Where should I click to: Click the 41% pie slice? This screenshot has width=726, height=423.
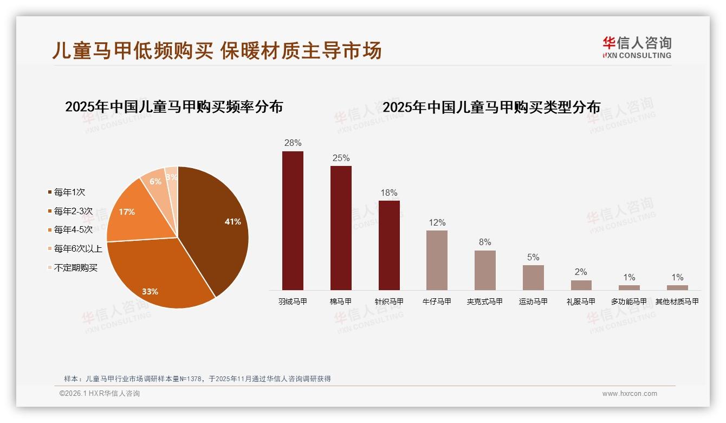coord(217,228)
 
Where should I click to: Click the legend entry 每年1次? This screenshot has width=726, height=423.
coord(69,192)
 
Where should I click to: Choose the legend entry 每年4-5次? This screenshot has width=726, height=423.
coord(73,230)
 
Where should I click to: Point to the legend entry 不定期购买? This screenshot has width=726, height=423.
coord(75,268)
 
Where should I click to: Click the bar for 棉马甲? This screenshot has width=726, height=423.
coord(341,228)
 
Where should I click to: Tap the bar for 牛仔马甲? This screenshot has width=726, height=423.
coord(437,260)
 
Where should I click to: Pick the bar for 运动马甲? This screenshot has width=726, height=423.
coord(533,278)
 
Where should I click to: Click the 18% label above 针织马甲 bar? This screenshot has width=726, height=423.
coord(389,193)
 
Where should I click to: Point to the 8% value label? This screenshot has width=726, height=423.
coord(485,242)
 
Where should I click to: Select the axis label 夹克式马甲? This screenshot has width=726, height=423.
coord(485,302)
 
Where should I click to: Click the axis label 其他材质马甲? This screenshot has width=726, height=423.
coord(677,302)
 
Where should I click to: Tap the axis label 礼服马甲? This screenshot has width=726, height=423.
coord(581,302)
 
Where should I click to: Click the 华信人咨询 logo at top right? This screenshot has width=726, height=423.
coord(637,48)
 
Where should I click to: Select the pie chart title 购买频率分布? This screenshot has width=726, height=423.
coord(174,107)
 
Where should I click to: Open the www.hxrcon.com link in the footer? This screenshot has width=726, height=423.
coord(630,394)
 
